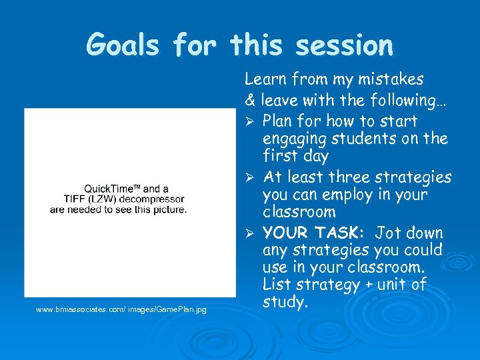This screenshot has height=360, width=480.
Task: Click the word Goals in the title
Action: [124, 45]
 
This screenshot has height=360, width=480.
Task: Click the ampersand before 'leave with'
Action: [250, 101]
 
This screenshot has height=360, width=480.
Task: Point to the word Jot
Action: [387, 233]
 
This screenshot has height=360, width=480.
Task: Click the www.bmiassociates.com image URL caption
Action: [121, 309]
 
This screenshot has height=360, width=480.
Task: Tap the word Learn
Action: [265, 79]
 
